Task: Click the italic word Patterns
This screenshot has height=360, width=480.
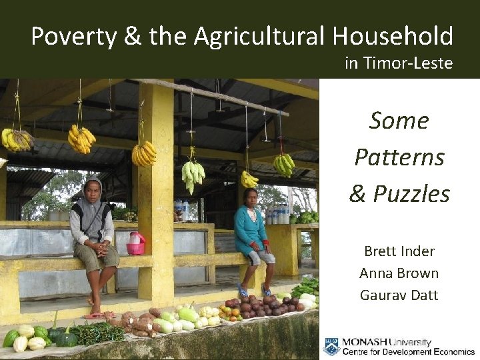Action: [x=399, y=157]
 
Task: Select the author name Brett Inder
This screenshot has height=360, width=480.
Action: [x=399, y=251]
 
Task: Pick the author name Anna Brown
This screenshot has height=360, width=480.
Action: [x=399, y=273]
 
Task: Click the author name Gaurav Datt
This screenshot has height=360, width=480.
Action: [x=399, y=295]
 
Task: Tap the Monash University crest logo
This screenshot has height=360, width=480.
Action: [x=331, y=347]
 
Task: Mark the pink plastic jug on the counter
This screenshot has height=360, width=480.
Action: [x=136, y=243]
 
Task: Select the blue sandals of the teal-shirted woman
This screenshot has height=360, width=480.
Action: [x=254, y=290]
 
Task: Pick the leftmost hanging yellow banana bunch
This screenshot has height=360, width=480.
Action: [x=17, y=139]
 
